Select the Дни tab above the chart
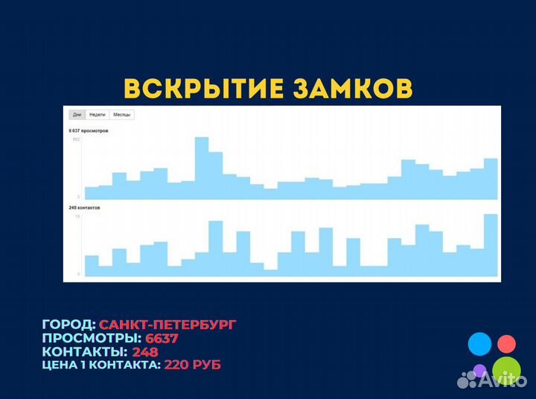(x=76, y=115)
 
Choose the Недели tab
(x=97, y=115)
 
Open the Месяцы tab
(x=121, y=115)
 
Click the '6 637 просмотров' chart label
(x=89, y=131)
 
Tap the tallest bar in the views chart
(x=201, y=168)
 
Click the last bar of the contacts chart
(x=491, y=245)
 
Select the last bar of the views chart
(x=491, y=178)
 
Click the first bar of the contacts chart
(x=92, y=266)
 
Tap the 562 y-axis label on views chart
(x=76, y=139)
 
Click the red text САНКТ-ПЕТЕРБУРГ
(x=168, y=324)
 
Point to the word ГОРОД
(x=68, y=324)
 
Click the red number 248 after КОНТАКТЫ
(x=146, y=351)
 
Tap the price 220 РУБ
(x=192, y=365)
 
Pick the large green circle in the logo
(x=506, y=369)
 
